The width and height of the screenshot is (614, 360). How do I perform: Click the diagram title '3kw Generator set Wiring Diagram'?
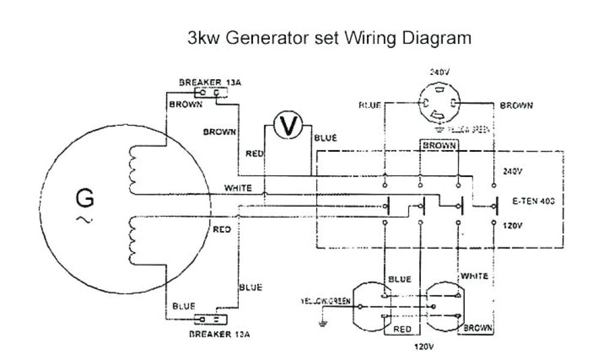tap(329, 39)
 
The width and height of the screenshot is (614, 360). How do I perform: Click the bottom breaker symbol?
tap(212, 319)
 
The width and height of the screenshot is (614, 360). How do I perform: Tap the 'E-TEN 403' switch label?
tap(530, 202)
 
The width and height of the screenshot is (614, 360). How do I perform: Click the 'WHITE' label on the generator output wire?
tap(237, 188)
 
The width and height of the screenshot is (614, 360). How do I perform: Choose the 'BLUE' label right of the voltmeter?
tap(325, 137)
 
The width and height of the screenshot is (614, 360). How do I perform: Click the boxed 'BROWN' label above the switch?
tap(438, 145)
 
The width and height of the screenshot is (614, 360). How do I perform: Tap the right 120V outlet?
tap(446, 306)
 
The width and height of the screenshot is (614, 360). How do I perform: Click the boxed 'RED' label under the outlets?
tap(402, 329)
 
